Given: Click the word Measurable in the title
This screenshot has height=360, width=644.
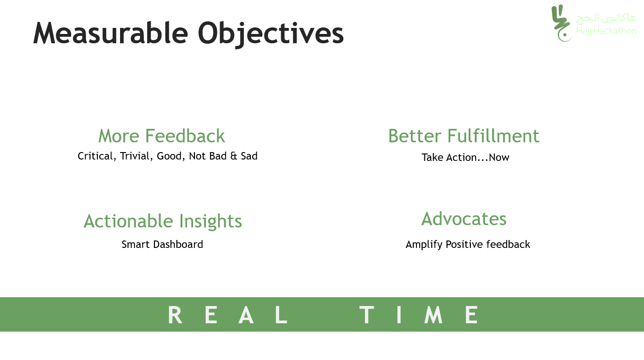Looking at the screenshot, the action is [x=111, y=33].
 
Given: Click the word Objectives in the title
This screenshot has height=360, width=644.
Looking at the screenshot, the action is [x=271, y=34].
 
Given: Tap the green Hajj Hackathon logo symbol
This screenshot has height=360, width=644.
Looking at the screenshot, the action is [x=561, y=23].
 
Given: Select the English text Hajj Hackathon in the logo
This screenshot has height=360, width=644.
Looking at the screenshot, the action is [x=606, y=31].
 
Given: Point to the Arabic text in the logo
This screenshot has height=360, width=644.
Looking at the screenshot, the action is [x=606, y=18].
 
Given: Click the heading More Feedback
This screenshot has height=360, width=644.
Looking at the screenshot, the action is [x=161, y=136].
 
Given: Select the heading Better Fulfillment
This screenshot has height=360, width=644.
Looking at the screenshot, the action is [x=464, y=136].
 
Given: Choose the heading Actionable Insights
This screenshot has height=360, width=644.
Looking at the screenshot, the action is [x=163, y=221].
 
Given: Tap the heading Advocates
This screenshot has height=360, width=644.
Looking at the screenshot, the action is [x=464, y=219].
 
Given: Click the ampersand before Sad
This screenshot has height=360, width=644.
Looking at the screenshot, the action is [x=234, y=156].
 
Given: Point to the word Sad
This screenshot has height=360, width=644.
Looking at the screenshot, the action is [x=249, y=156].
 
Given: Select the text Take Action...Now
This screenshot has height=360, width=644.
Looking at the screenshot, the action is [x=465, y=158].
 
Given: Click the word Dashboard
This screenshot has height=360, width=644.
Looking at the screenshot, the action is [x=178, y=245].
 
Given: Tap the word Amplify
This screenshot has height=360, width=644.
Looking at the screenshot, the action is [x=424, y=245].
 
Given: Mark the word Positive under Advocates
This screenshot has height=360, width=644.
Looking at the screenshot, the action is [x=464, y=245].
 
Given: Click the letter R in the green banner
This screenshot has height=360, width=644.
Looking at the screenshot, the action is [x=175, y=315].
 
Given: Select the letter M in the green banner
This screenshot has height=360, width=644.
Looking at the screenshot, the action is [x=434, y=315].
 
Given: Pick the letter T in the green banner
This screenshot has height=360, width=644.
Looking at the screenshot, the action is [x=367, y=315].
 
